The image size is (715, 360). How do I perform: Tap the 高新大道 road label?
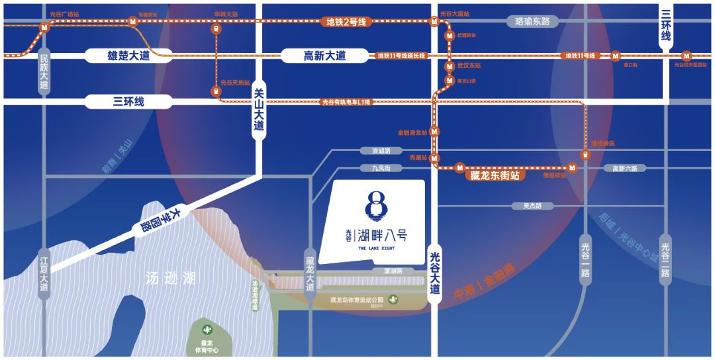click(324, 56)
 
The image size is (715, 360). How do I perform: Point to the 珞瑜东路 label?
click(532, 22)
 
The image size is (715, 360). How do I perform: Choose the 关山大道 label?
click(259, 110)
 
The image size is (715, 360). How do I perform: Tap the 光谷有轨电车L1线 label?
click(346, 102)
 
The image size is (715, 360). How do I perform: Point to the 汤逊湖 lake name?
click(171, 279)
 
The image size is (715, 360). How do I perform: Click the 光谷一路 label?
click(585, 259)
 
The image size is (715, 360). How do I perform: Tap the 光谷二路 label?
click(665, 259)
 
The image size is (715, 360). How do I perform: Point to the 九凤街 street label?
click(381, 168)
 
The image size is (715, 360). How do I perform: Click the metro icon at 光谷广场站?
click(44, 28)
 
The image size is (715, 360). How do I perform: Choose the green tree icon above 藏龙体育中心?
click(207, 329)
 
